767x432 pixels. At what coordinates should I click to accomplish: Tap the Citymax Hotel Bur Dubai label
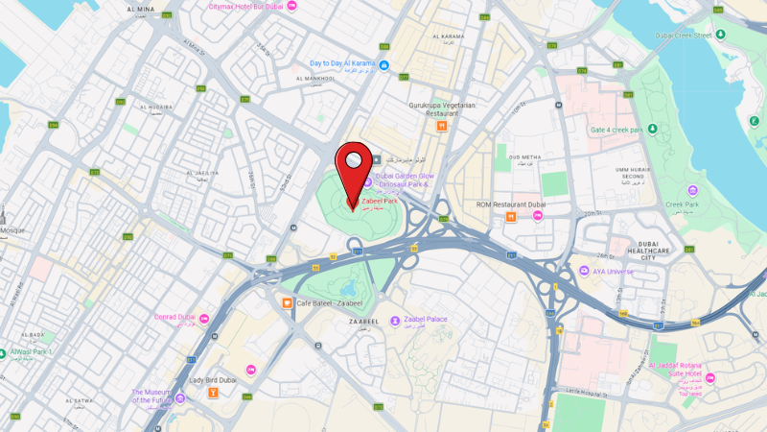246,7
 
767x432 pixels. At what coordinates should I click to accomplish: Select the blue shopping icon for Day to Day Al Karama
384,64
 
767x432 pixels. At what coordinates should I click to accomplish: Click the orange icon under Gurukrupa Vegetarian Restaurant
441,126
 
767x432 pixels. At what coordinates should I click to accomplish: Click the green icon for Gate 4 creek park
651,129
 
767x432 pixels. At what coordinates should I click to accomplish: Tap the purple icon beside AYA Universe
584,271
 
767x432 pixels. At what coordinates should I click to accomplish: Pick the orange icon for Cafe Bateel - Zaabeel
287,303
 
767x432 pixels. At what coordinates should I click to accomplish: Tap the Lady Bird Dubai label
212,380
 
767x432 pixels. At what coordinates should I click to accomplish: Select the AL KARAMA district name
448,37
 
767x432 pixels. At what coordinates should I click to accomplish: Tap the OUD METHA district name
524,156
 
